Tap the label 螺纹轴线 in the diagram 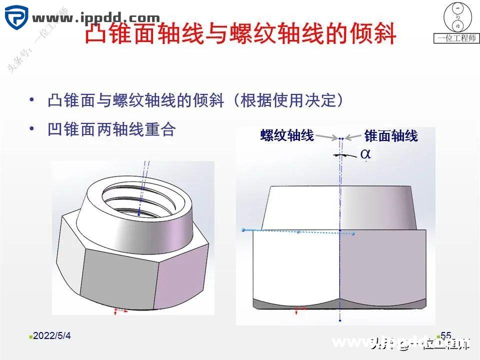point(287,135)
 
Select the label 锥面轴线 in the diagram point(391,135)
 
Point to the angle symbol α point(365,154)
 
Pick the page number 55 point(446,335)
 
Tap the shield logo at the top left point(16,17)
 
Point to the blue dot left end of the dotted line point(243,229)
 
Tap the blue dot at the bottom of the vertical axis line point(339,320)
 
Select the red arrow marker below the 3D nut point(118,311)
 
